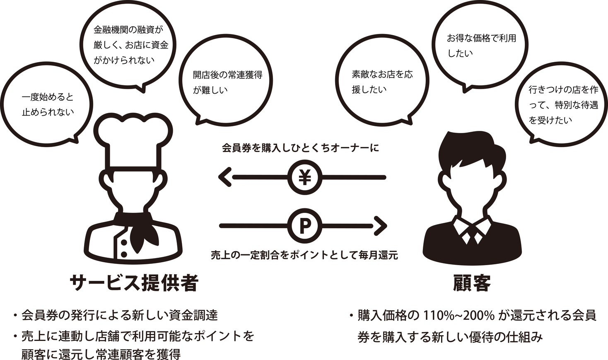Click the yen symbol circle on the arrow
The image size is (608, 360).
tap(305, 177)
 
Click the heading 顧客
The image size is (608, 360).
tap(472, 283)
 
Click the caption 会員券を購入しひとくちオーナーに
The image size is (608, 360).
tap(300, 148)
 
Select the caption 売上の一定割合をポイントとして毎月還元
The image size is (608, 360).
tap(304, 255)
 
